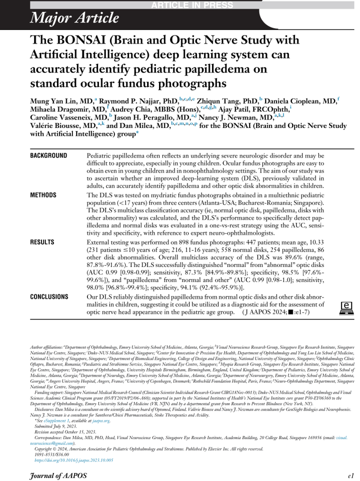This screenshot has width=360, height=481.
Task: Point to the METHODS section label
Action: click(43, 195)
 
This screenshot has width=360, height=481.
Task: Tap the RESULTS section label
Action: click(42, 241)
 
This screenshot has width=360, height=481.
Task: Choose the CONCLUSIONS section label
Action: click(50, 296)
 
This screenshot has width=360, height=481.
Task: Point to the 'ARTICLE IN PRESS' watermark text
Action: click(199, 5)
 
